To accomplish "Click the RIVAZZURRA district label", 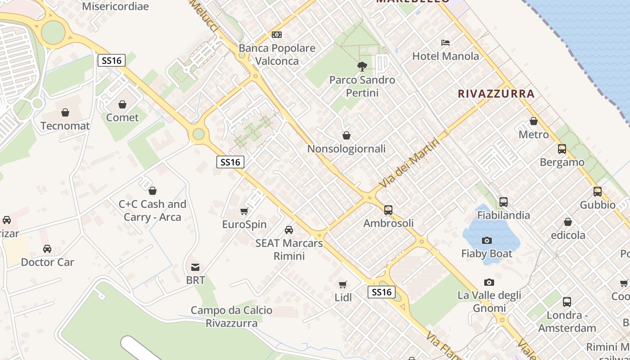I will coord(496,94).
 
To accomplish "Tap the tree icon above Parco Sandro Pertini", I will coord(362,67).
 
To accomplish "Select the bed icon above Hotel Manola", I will coord(445,43).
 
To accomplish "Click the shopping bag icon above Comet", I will coord(122,105).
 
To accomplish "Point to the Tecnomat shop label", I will coord(65,126).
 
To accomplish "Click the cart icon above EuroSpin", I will coord(244,211).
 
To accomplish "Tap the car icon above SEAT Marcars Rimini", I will coord(289,230).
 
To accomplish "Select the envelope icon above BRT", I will coord(195,267).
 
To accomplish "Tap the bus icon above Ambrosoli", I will coord(388,210).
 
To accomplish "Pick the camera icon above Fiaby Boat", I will coord(486,241).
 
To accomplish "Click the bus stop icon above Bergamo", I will coord(562,149).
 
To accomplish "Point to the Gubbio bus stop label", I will coord(598,205).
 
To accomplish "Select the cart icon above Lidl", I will coord(343,284).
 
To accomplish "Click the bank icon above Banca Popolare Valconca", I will coord(277,35).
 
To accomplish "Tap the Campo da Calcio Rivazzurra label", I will coord(231,316).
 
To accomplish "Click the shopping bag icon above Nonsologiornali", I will coord(346,135).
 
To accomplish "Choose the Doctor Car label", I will coord(47,262).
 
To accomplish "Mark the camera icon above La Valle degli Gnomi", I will coord(489,283).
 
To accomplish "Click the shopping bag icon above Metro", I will coord(534,121).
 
